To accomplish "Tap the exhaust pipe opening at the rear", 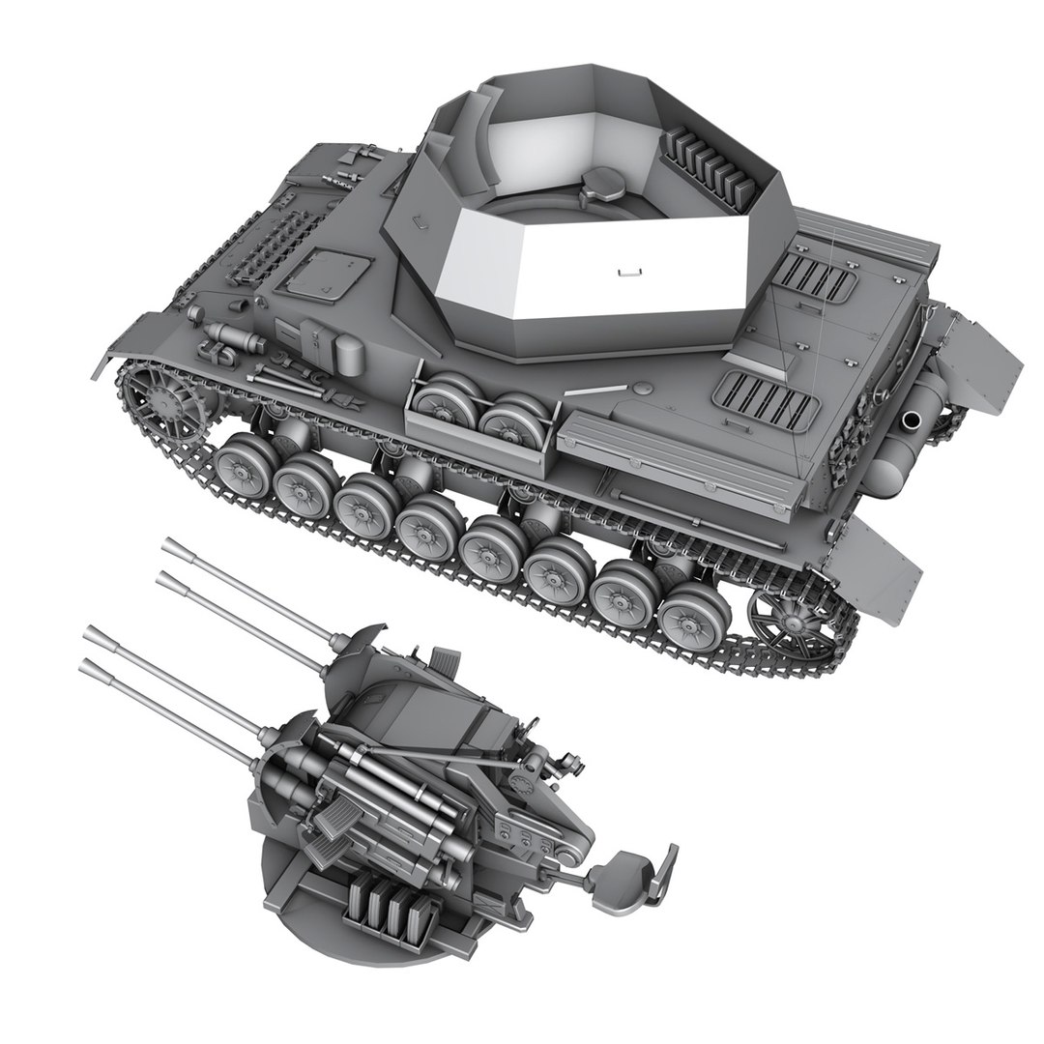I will click(x=912, y=421).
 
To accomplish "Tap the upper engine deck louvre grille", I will click(x=818, y=281).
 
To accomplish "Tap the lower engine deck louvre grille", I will click(x=764, y=397).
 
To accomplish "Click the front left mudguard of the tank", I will click(x=126, y=343).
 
